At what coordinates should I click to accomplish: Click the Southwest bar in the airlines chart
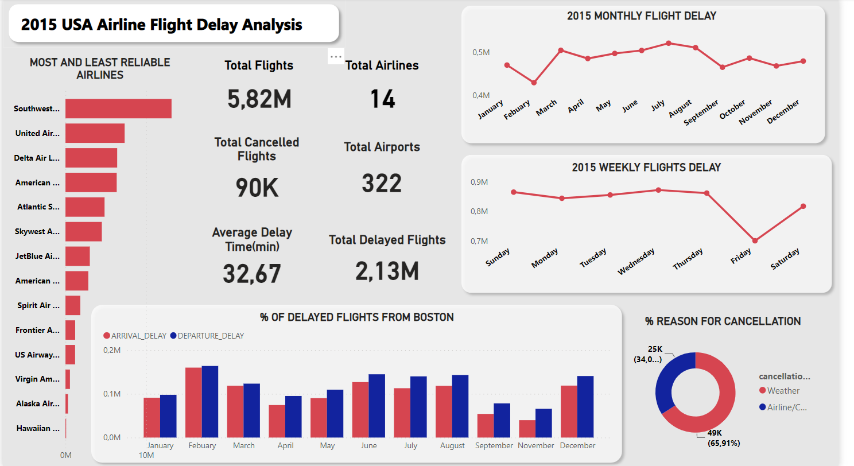pyautogui.click(x=118, y=108)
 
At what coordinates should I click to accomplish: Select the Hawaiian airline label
pyautogui.click(x=37, y=428)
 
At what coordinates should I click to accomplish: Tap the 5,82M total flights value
pyautogui.click(x=259, y=99)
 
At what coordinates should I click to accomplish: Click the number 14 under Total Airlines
pyautogui.click(x=382, y=99)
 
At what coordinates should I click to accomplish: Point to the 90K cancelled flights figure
pyautogui.click(x=257, y=188)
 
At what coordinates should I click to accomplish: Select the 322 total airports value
pyautogui.click(x=382, y=183)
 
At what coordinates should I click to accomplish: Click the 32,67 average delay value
pyautogui.click(x=252, y=273)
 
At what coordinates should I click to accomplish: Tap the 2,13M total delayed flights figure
pyautogui.click(x=387, y=271)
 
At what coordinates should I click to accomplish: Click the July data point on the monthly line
pyautogui.click(x=669, y=43)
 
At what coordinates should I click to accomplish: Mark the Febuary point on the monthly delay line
pyautogui.click(x=534, y=83)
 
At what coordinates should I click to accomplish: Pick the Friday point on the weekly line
pyautogui.click(x=755, y=241)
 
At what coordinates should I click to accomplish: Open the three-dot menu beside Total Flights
pyautogui.click(x=336, y=56)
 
